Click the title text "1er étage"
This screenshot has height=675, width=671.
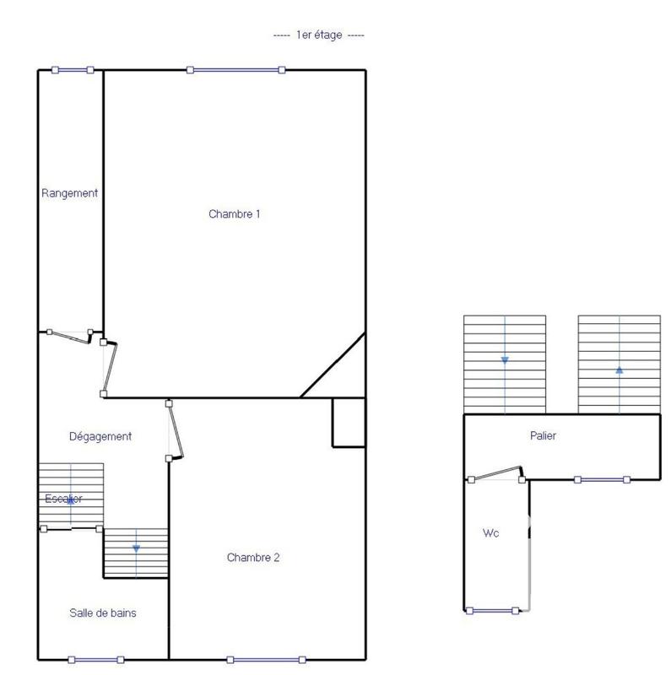(319, 35)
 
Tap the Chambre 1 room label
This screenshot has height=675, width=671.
(234, 214)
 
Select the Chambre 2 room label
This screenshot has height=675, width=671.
(253, 558)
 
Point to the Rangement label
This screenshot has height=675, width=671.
(70, 193)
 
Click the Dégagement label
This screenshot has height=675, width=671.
(100, 436)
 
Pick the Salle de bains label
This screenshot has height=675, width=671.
(103, 613)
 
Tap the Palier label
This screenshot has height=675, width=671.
(543, 436)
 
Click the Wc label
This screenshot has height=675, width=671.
(490, 533)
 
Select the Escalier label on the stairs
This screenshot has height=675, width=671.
(63, 499)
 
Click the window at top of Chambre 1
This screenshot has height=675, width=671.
(235, 70)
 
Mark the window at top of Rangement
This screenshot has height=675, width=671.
(73, 70)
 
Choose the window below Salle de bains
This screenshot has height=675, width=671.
(95, 659)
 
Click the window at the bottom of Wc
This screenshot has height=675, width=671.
(492, 610)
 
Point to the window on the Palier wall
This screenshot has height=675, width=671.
(602, 479)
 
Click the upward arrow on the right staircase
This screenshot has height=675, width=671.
(620, 369)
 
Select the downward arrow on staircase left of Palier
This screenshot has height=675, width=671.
(505, 360)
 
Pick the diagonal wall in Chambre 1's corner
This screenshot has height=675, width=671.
(333, 365)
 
